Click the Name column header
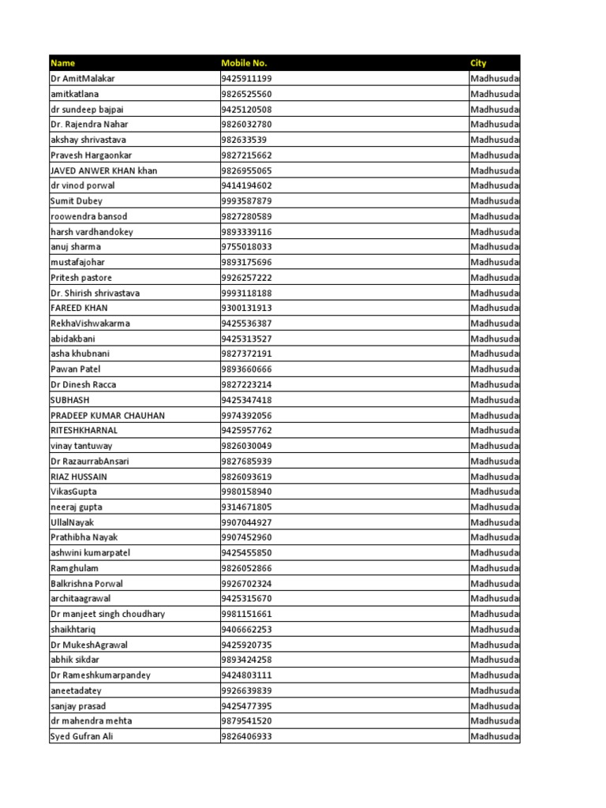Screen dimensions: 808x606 pyautogui.click(x=63, y=63)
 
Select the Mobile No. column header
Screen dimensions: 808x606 pyautogui.click(x=244, y=63)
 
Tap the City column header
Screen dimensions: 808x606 pyautogui.click(x=479, y=63)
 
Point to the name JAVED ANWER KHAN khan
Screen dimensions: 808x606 pyautogui.click(x=103, y=170)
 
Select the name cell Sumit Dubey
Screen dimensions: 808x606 pyautogui.click(x=76, y=201)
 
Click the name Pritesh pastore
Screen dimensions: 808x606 pyautogui.click(x=81, y=278)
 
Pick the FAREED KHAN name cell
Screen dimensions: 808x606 pyautogui.click(x=79, y=309)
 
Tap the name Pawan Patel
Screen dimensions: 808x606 pyautogui.click(x=76, y=369)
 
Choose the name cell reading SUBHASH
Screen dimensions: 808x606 pyautogui.click(x=69, y=400)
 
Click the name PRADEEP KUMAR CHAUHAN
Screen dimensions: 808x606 pyautogui.click(x=107, y=415)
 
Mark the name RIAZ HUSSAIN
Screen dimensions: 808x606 pyautogui.click(x=79, y=477)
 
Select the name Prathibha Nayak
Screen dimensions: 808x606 pyautogui.click(x=84, y=537)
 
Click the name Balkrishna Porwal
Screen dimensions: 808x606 pyautogui.click(x=87, y=584)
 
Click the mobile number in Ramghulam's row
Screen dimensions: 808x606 pyautogui.click(x=246, y=568)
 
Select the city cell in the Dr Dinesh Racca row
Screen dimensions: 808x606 pyautogui.click(x=495, y=385)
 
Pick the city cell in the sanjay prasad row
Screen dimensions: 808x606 pyautogui.click(x=495, y=706)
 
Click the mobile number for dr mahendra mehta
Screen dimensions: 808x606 pyautogui.click(x=246, y=721)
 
